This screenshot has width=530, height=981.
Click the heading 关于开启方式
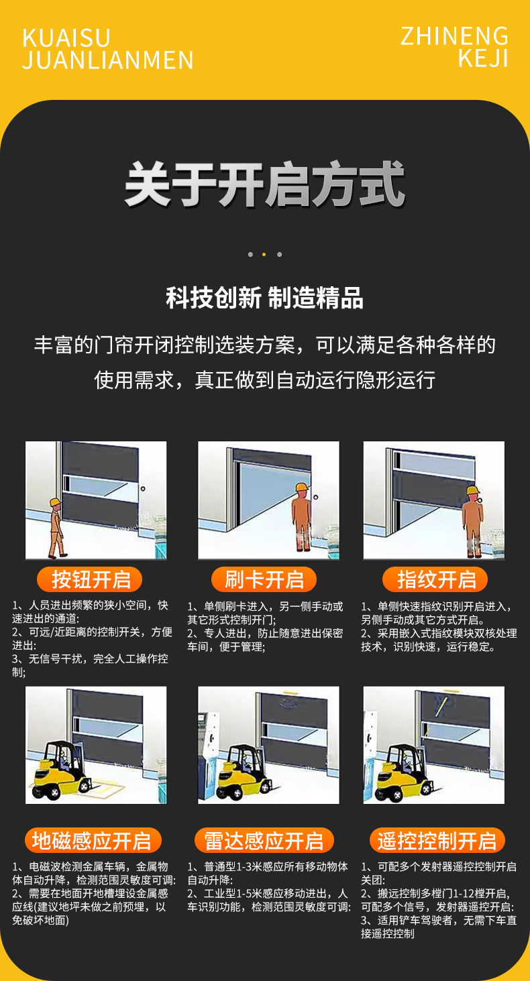[265, 185]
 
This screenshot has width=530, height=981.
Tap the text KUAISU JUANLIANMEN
[107, 49]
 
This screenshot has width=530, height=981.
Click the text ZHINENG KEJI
[455, 47]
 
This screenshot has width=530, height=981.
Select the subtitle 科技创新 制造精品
[265, 298]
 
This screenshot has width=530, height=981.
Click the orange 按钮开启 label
[89, 579]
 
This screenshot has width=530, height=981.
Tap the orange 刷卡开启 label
[264, 579]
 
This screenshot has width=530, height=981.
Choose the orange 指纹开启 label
[436, 579]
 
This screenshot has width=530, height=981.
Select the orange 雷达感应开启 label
[264, 840]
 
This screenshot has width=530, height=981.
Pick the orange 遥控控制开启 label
[437, 840]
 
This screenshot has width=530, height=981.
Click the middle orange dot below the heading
[264, 255]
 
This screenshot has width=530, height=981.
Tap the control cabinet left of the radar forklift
[209, 738]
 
